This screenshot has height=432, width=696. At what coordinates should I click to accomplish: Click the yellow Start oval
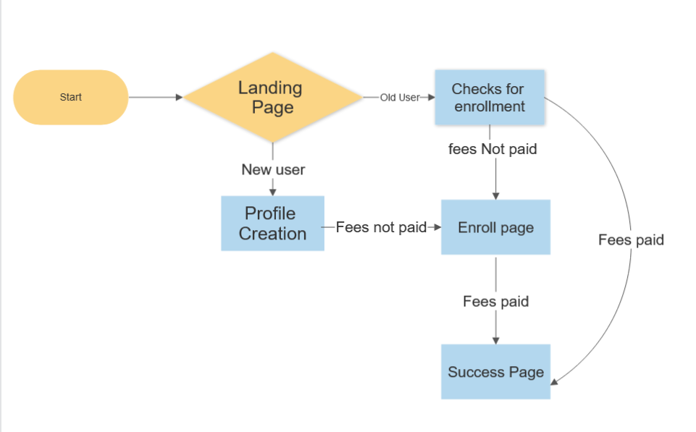pyautogui.click(x=70, y=97)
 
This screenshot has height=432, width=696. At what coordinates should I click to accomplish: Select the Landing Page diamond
pyautogui.click(x=272, y=97)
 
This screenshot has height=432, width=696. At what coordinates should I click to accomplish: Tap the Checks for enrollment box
pyautogui.click(x=489, y=98)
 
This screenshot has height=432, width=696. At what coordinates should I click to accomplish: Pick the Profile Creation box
pyautogui.click(x=272, y=224)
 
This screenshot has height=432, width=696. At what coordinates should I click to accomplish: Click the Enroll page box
pyautogui.click(x=495, y=228)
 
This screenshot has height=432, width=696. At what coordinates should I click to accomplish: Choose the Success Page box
pyautogui.click(x=495, y=372)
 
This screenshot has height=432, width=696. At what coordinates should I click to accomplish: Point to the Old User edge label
pyautogui.click(x=399, y=97)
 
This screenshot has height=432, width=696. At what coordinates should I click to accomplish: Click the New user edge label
pyautogui.click(x=273, y=169)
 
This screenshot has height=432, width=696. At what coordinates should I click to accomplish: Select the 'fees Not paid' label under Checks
pyautogui.click(x=492, y=150)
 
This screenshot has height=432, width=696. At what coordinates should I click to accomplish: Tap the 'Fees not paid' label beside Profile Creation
pyautogui.click(x=381, y=227)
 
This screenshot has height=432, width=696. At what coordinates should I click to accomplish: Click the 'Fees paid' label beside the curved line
pyautogui.click(x=631, y=240)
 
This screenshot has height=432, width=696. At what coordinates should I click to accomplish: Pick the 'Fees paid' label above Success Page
pyautogui.click(x=495, y=301)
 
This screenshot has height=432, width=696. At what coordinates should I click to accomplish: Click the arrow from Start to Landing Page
pyautogui.click(x=155, y=97)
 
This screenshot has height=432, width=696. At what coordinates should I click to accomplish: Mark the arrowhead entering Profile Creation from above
pyautogui.click(x=273, y=192)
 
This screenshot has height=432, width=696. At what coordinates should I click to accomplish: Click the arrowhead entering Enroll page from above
pyautogui.click(x=495, y=195)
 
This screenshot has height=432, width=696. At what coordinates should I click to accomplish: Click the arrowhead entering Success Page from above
pyautogui.click(x=495, y=340)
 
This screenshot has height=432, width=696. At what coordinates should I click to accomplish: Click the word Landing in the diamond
pyautogui.click(x=270, y=88)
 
